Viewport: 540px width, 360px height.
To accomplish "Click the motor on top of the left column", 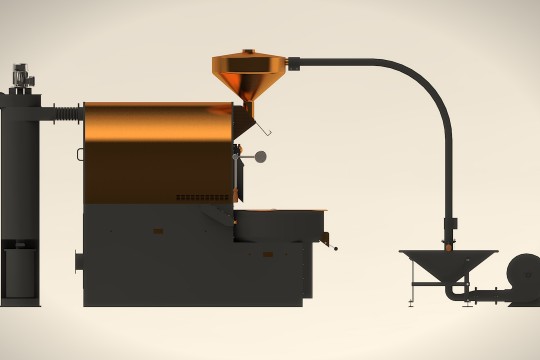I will pos(20,75).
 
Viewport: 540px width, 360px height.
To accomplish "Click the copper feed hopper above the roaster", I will pos(248,74).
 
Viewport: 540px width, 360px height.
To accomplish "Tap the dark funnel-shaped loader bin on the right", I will pos(448,265).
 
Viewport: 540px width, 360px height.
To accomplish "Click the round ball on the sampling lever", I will pos(261,156).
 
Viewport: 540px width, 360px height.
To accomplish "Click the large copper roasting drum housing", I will pos(157,150).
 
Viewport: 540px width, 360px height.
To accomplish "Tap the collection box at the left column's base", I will pos(20,272).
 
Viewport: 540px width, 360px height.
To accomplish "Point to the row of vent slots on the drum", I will pos(203,197).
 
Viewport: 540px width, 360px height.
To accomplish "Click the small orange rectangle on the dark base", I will pos(157,231).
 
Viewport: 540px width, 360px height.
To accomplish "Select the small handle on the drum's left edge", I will pos(82,154).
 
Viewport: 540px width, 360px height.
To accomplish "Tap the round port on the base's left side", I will pos(79,261).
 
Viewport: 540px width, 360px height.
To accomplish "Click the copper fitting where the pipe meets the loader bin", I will pos(450,240).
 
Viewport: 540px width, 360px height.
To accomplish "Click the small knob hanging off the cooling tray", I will pos(334,248).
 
